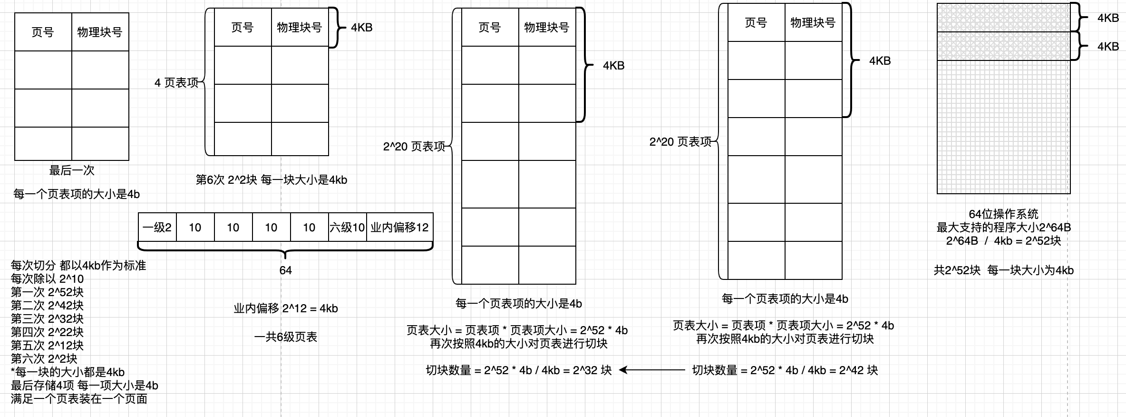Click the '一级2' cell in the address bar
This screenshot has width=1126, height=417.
[157, 228]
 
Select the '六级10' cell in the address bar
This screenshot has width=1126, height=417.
[347, 228]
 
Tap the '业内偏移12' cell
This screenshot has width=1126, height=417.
[399, 228]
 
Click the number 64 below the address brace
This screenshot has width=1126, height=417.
[285, 270]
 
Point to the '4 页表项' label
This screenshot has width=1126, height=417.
[176, 83]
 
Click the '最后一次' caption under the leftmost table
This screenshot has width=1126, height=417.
[72, 170]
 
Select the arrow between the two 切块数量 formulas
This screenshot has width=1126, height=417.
[651, 370]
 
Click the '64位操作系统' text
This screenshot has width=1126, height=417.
[1003, 214]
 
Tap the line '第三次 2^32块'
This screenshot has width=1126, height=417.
[47, 318]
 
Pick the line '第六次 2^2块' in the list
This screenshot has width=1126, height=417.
[44, 358]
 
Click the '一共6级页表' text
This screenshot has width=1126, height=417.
[285, 337]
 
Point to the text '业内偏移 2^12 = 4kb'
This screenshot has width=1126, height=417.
[285, 308]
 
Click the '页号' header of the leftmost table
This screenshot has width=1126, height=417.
[43, 32]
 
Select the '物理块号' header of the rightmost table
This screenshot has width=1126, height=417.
[813, 23]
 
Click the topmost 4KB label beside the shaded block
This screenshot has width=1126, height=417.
[1107, 18]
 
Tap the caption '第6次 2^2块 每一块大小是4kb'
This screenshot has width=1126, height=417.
[272, 180]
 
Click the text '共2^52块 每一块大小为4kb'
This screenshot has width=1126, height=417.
[1003, 270]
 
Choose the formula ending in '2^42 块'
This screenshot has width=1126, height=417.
[785, 370]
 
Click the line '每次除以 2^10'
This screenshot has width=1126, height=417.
[47, 278]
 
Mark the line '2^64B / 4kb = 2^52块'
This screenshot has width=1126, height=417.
[1003, 241]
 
